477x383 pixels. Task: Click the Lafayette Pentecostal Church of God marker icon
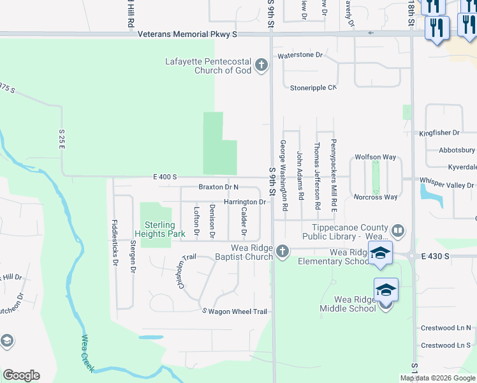(261, 65)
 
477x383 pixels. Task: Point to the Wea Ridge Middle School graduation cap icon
(386, 290)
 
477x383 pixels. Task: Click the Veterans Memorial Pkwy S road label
(189, 34)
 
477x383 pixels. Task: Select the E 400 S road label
(165, 177)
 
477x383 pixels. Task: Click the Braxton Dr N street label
(218, 187)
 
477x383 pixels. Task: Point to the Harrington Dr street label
(244, 202)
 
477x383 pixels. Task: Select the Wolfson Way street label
(376, 157)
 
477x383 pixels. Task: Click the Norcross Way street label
(376, 197)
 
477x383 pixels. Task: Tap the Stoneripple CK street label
(312, 88)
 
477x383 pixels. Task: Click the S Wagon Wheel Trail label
(235, 312)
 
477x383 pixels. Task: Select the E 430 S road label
(436, 255)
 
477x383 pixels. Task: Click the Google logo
(21, 375)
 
